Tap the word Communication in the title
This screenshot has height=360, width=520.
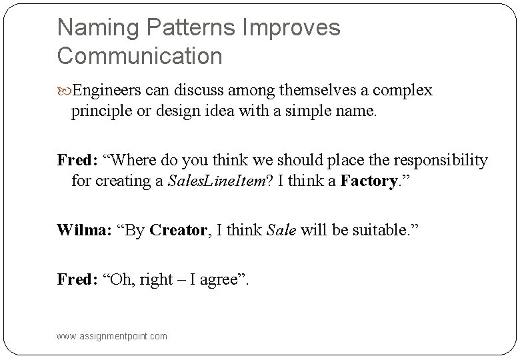[x=140, y=57]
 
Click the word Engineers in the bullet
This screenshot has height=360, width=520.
[x=103, y=90]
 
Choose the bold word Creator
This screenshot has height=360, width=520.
[x=178, y=231]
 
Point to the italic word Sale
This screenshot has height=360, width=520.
[x=281, y=231]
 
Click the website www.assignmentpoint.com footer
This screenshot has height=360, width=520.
[x=112, y=336]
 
